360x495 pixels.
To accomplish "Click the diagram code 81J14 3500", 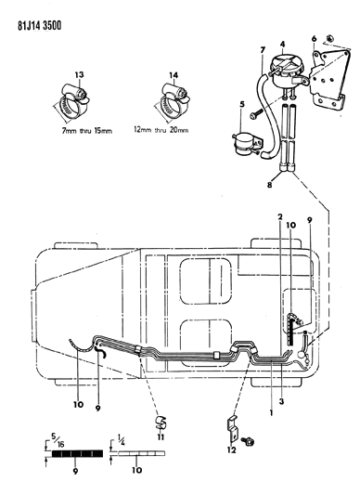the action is point(40,25).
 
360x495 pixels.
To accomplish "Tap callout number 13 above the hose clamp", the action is point(79,75).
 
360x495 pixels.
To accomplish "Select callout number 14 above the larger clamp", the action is point(174,75).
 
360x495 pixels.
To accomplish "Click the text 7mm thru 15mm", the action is point(87,130).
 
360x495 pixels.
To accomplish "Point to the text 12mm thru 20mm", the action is point(161,130).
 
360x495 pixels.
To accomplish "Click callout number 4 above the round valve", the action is point(282,44).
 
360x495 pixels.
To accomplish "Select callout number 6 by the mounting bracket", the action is point(314,39).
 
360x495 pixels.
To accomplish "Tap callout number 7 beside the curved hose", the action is point(263,50).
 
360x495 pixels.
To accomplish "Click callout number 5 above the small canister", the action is point(242,104).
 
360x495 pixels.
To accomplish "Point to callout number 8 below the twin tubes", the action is point(269,185).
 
